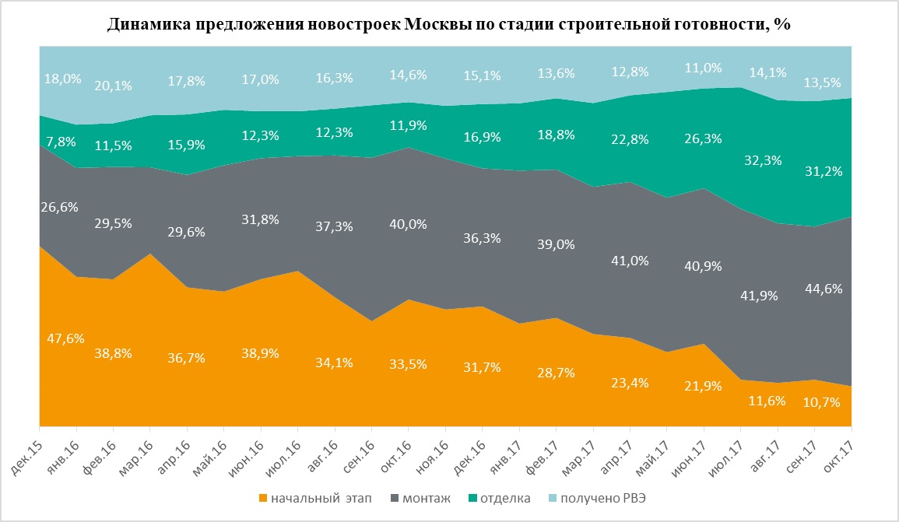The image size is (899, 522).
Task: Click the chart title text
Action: [x=449, y=24]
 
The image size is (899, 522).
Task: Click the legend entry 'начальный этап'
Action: [x=311, y=497]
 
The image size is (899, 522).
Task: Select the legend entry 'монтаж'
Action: [x=424, y=497]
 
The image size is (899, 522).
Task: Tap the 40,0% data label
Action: [x=408, y=224]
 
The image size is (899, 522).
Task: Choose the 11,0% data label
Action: [x=703, y=68]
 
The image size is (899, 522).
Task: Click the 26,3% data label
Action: [x=703, y=138]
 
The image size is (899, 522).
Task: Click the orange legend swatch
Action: [x=264, y=497]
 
